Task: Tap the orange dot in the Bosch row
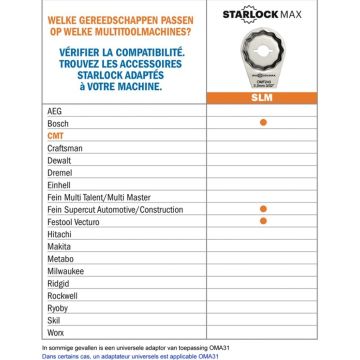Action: pos(262,121)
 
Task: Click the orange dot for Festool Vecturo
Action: pos(262,217)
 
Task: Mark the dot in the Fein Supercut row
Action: pos(262,205)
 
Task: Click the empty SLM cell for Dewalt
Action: pos(262,157)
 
